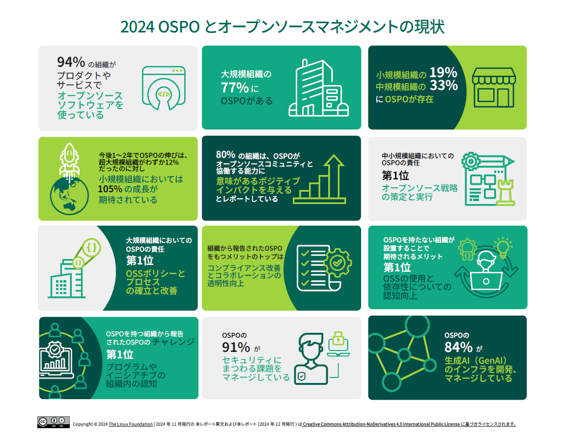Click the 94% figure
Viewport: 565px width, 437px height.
point(71,62)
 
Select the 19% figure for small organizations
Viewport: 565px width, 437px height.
point(443,73)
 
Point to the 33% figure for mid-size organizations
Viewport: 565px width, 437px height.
point(444,86)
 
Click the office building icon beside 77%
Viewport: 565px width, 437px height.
point(318,88)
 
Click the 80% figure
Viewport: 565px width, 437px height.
point(225,155)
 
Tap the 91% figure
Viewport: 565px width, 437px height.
point(236,347)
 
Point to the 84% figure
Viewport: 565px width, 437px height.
point(458,347)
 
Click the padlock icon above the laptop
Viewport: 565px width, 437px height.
point(338,339)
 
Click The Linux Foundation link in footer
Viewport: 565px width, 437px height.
point(130,424)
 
